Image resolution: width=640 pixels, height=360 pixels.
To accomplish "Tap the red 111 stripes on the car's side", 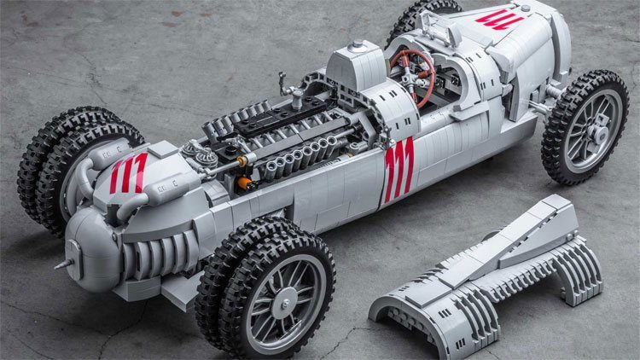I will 399,170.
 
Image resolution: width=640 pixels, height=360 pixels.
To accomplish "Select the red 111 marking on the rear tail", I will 127,172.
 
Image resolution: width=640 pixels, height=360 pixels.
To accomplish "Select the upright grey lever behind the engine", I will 284,85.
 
